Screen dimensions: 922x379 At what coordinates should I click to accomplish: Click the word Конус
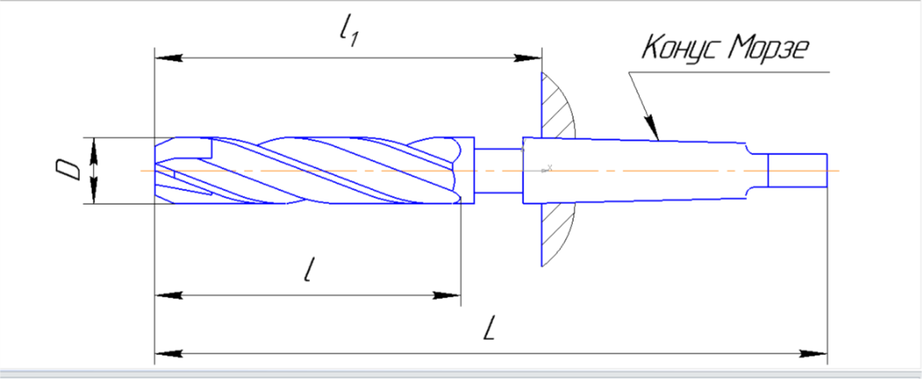tap(680, 48)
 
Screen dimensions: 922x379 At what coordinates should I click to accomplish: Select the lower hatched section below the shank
tap(556, 233)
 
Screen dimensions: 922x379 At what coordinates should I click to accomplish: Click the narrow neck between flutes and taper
tap(499, 170)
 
